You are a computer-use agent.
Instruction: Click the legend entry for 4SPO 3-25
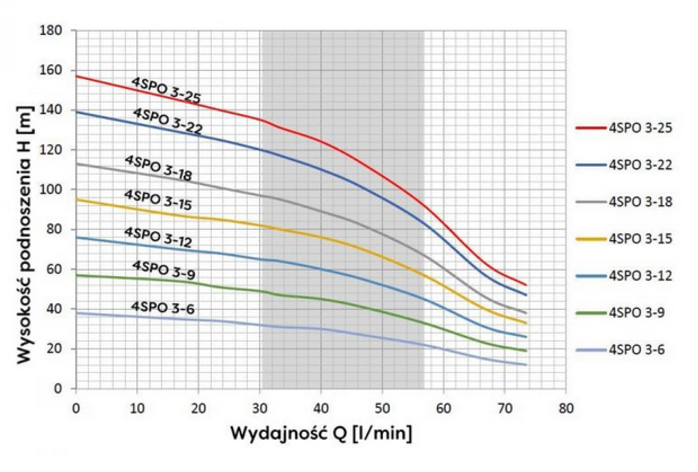pos(624,128)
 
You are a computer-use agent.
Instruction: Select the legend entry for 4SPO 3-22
pos(624,165)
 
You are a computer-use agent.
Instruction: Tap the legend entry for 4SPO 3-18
pos(624,202)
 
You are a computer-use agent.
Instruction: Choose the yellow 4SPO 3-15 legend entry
pos(624,239)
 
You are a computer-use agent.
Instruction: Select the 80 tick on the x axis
pos(566,408)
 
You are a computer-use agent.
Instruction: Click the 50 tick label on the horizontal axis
pos(382,408)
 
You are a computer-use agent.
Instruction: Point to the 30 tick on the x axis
pos(260,408)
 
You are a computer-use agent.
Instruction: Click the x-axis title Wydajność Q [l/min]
pos(321,433)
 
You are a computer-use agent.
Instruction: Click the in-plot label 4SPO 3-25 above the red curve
pos(166,91)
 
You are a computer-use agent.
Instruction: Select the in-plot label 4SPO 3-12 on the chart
pos(158,237)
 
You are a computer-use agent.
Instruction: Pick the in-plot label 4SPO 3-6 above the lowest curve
pos(163,308)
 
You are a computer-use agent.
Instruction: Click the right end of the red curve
pos(526,285)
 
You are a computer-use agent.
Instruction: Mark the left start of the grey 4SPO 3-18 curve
pos(76,164)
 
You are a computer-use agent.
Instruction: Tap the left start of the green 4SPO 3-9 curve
pos(76,275)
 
